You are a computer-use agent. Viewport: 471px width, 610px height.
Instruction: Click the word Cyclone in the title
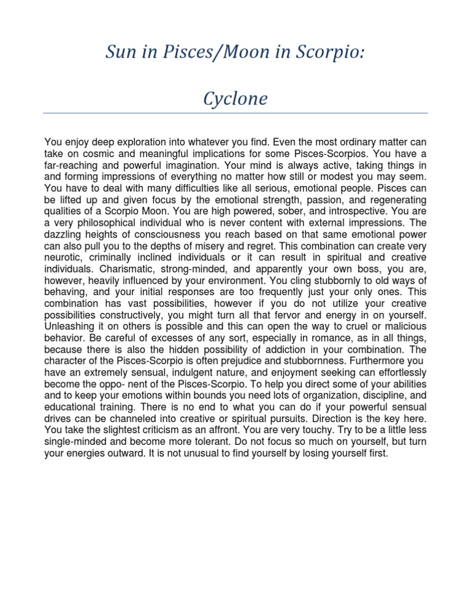coord(235,98)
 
